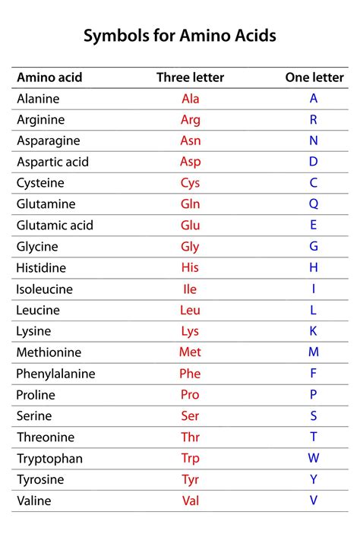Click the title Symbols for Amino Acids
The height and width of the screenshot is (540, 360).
[x=180, y=36]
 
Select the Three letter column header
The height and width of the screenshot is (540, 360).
[x=190, y=77]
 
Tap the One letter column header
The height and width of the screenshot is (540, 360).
[x=314, y=77]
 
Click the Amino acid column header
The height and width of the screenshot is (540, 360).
[x=49, y=77]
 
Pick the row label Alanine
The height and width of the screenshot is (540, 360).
[x=38, y=99]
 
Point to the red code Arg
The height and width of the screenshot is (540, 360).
[x=191, y=120]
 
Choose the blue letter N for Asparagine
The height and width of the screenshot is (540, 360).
[x=314, y=141]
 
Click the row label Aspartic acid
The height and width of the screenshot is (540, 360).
[x=52, y=162]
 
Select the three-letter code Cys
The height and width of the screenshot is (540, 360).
[x=191, y=183]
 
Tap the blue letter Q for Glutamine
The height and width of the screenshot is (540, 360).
[x=314, y=204]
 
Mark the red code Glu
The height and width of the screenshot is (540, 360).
[x=191, y=226]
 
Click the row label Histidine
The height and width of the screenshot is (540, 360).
[x=41, y=268]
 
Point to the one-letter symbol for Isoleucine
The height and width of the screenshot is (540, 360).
[x=314, y=289]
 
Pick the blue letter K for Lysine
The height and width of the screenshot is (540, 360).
[x=314, y=331]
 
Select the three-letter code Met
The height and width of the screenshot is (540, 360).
[x=190, y=352]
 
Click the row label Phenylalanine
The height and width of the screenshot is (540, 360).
[x=55, y=374]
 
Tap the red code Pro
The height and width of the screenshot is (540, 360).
[x=190, y=395]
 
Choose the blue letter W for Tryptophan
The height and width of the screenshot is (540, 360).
[x=314, y=459]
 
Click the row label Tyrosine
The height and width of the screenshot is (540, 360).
[x=40, y=480]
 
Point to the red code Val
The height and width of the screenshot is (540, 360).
[x=191, y=501]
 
